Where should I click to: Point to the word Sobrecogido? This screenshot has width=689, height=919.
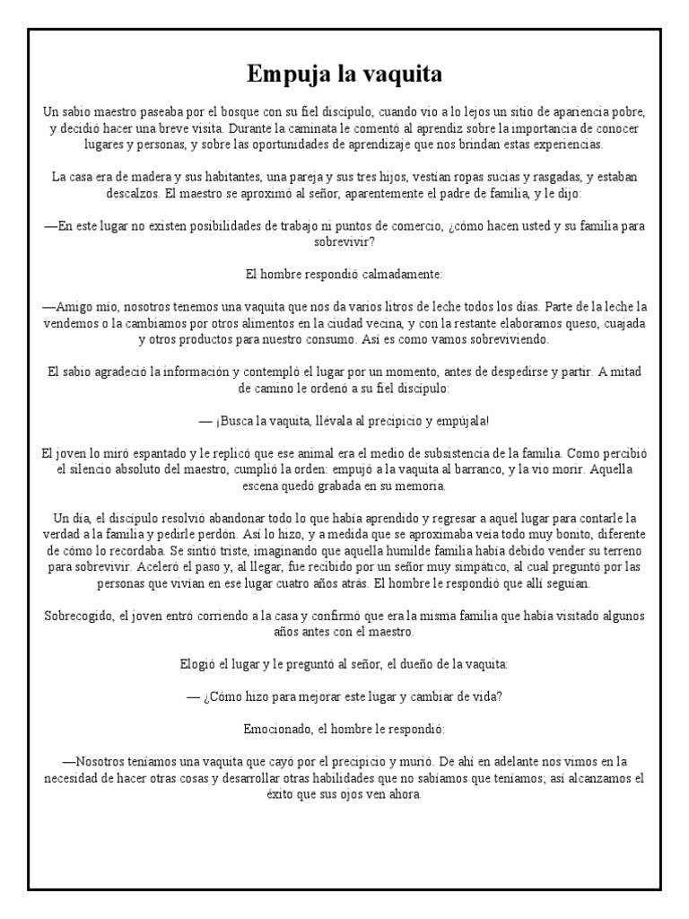click(79, 616)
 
